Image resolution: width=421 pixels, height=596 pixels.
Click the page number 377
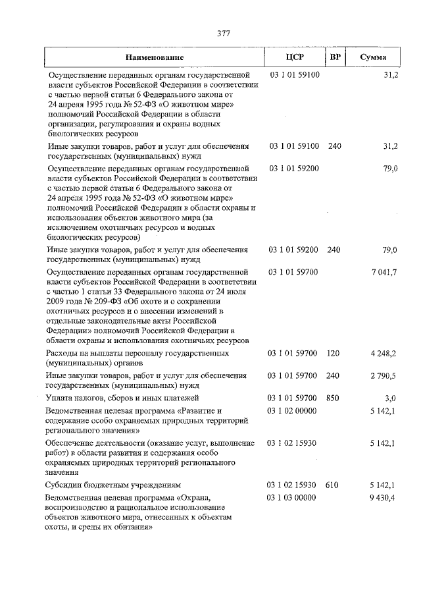click(x=222, y=34)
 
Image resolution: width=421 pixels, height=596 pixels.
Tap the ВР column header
click(x=334, y=57)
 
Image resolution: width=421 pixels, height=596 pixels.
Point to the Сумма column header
click(x=373, y=57)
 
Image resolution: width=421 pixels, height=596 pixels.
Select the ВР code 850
click(x=334, y=398)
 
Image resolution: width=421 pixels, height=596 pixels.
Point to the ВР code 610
click(x=332, y=485)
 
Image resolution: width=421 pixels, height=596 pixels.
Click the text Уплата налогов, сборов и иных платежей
click(x=122, y=398)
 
